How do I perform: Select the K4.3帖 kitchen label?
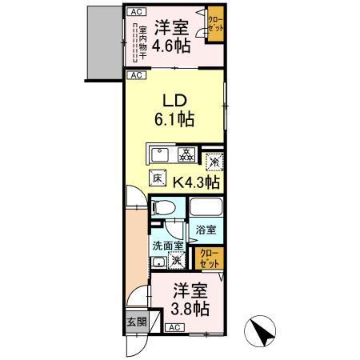[195, 182]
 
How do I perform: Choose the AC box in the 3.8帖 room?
[174, 328]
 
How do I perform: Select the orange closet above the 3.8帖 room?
[208, 258]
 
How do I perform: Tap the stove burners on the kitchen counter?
[186, 154]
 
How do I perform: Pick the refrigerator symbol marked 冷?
[212, 161]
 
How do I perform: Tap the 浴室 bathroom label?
[206, 230]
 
